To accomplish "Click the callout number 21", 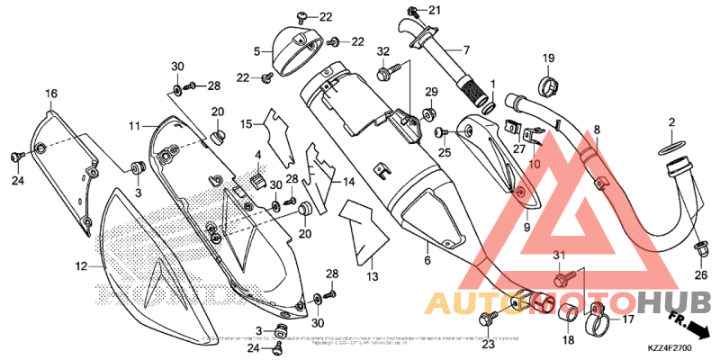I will coord(435,10).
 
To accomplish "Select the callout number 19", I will coord(547,59).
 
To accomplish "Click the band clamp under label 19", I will coord(547,86).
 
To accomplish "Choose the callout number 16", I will coord(50,94).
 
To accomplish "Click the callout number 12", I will coord(80,266).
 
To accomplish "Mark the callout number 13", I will coord(373,277).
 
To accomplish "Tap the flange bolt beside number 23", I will coord(491,318).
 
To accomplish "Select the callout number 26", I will coord(701,275).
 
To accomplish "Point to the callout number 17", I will coord(627,318).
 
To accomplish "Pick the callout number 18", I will coord(567,339).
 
